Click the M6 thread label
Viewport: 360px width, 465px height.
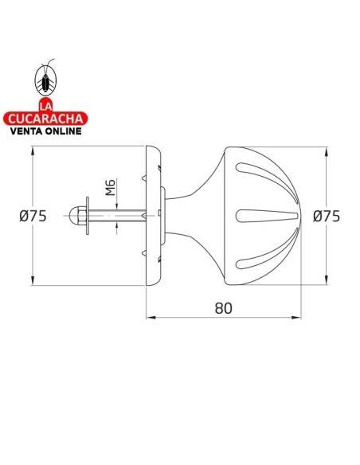tap(111, 188)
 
